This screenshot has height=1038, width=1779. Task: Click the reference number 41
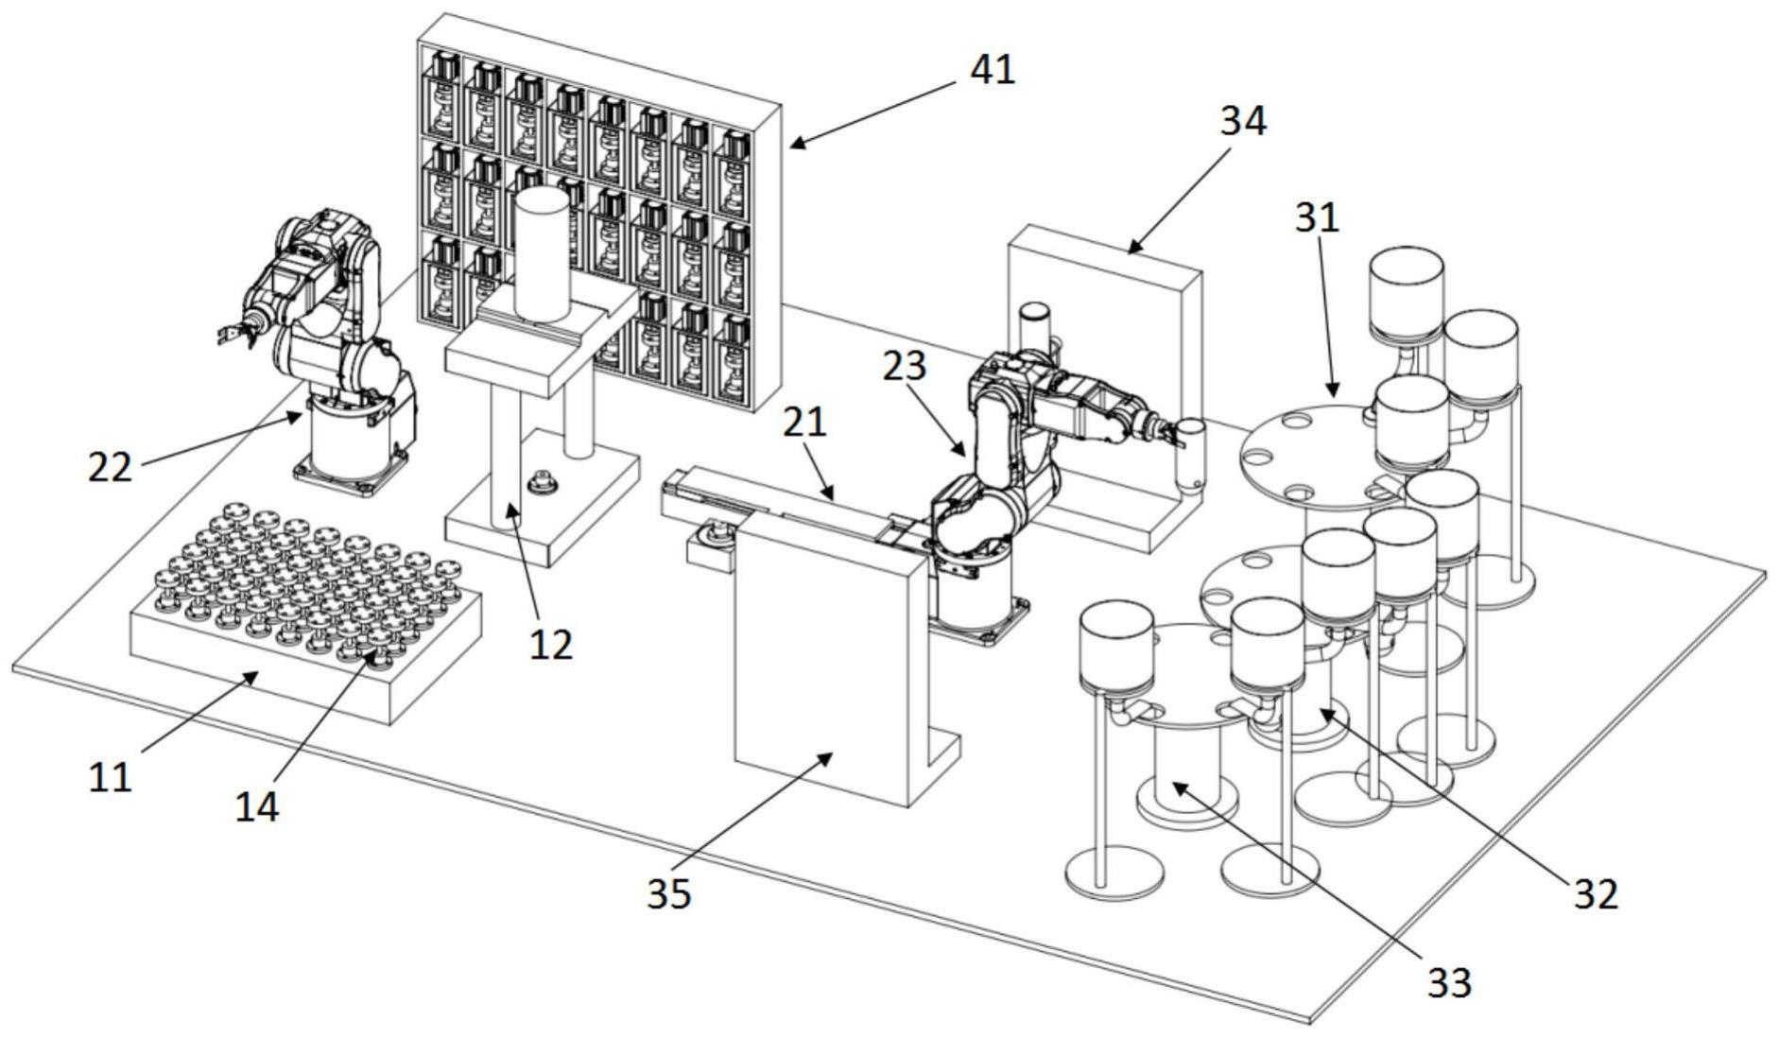click(992, 69)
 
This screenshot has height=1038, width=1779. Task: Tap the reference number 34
click(1243, 121)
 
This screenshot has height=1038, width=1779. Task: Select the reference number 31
click(1317, 218)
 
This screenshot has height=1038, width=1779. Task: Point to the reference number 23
click(905, 367)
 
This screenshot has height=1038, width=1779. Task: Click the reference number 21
click(804, 422)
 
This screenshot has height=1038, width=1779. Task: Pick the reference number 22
click(110, 466)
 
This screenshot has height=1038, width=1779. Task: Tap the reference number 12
click(551, 644)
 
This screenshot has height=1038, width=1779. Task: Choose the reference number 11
click(110, 777)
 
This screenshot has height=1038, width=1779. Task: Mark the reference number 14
click(256, 806)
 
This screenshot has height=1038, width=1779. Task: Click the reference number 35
click(669, 893)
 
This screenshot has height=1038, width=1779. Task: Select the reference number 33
click(1449, 982)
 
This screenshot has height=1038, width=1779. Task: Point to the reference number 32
click(1597, 893)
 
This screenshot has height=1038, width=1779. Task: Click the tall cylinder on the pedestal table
click(544, 252)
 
